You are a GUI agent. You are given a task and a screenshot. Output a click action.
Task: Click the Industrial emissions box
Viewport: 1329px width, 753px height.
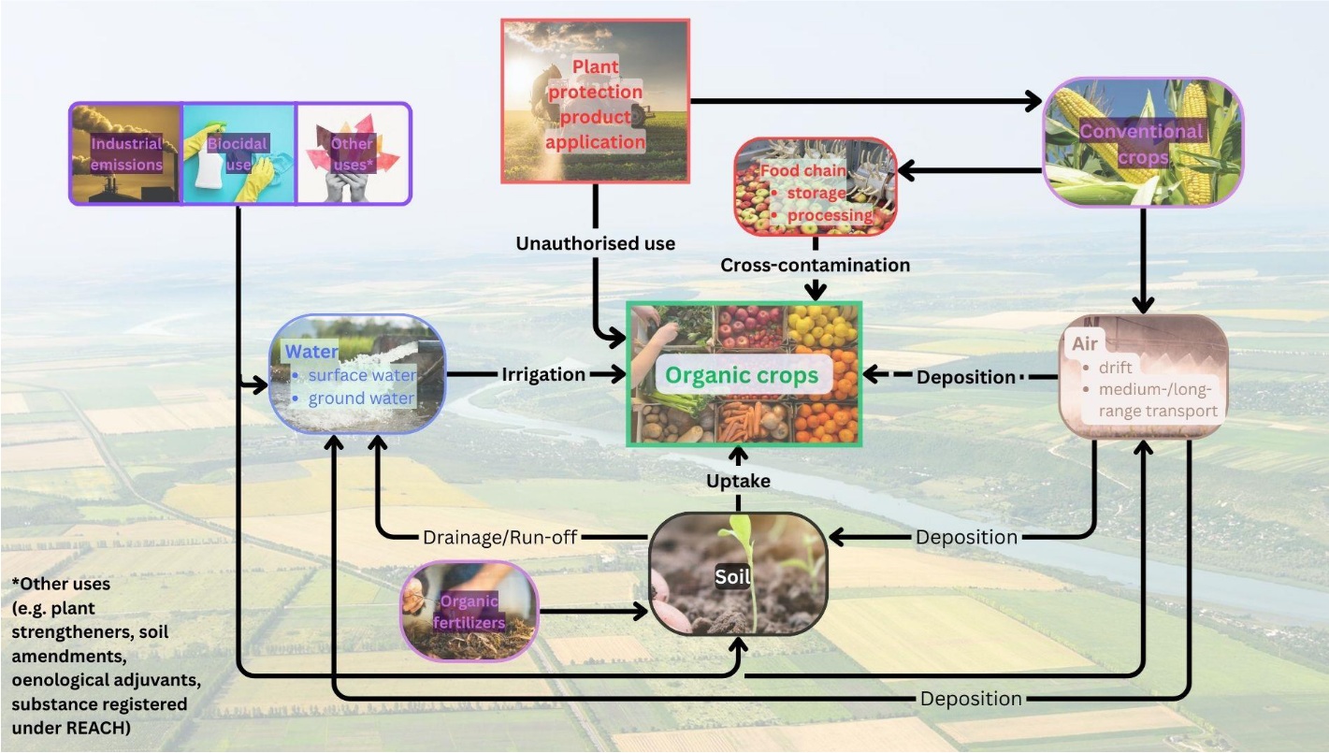(125, 153)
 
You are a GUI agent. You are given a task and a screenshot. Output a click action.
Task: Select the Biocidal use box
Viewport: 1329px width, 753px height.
(238, 153)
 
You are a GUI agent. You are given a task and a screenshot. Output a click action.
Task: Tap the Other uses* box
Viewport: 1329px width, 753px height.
(354, 153)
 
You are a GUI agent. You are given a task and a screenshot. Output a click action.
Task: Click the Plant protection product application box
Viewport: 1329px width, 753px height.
(595, 101)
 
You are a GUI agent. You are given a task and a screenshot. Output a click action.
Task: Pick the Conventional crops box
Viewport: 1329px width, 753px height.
(1143, 142)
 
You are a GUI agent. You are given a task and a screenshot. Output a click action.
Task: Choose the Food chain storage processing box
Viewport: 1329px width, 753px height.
(816, 187)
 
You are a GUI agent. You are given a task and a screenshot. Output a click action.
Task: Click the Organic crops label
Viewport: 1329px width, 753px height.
(742, 375)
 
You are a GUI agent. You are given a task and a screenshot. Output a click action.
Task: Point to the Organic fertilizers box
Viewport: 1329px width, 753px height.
(469, 611)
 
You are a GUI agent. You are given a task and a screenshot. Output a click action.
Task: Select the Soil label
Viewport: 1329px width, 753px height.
(732, 577)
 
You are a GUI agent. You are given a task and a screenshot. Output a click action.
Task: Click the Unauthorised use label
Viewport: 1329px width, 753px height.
(595, 243)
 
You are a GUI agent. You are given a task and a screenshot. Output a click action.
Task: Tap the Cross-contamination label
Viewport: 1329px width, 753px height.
(816, 266)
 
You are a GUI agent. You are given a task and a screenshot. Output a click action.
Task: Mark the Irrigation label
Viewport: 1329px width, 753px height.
(543, 375)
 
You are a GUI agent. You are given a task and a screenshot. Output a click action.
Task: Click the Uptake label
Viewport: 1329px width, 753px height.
(738, 481)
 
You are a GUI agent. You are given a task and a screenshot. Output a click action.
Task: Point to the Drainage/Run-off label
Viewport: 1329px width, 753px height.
(499, 538)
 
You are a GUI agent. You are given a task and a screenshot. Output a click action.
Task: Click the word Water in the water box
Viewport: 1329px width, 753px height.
(311, 352)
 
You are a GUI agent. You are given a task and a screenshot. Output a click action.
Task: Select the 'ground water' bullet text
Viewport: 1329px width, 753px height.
(361, 398)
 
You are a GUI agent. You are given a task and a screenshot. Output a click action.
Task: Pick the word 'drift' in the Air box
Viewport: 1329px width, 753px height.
(1116, 368)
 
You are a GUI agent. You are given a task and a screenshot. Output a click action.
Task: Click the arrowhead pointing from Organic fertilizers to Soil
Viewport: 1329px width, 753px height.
(641, 611)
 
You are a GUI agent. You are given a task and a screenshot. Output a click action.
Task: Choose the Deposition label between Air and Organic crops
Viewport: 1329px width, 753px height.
(965, 377)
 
